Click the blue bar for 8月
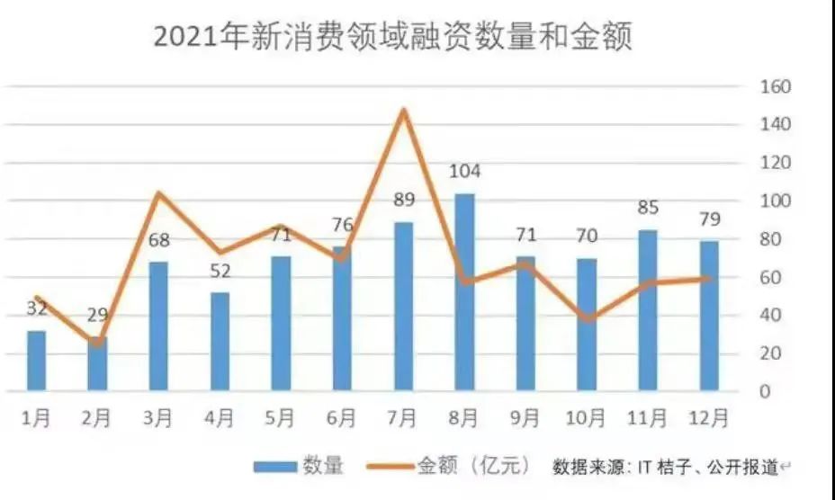tap(464, 292)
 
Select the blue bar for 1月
tap(36, 362)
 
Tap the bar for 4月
tap(220, 342)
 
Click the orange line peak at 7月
tap(403, 111)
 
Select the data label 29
tap(98, 316)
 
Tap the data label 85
tap(648, 209)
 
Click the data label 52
tap(220, 271)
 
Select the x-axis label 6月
tap(342, 418)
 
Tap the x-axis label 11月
tap(648, 418)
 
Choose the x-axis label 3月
tap(158, 418)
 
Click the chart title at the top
tap(393, 38)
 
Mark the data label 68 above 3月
tap(158, 240)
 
